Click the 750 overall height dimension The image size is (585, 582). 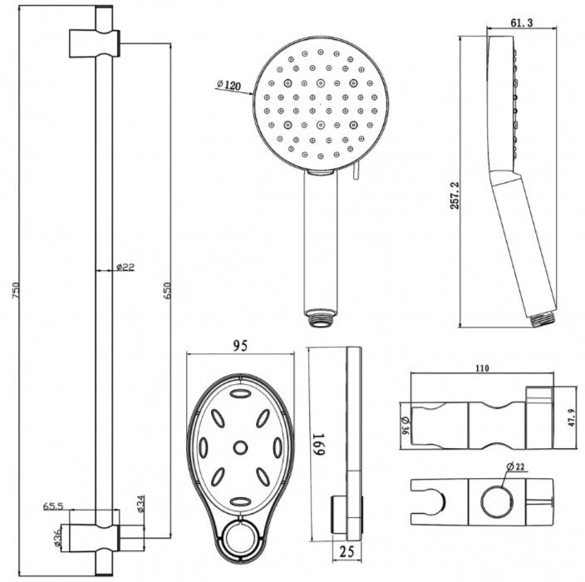[x=16, y=290]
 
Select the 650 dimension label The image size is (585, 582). [x=167, y=290]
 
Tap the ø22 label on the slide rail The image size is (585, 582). [x=125, y=267]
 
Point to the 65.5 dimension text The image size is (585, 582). [x=53, y=506]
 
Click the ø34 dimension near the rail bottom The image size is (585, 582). [x=140, y=503]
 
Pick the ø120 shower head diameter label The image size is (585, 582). [x=229, y=85]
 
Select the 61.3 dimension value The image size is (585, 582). [x=522, y=22]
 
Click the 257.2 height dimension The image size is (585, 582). [x=455, y=195]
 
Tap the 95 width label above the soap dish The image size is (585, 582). [x=240, y=346]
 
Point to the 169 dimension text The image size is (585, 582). [x=318, y=444]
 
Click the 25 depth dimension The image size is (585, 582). [x=347, y=551]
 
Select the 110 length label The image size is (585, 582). [x=482, y=368]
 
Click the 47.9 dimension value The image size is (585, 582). [x=572, y=417]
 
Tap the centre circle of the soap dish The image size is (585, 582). [x=240, y=447]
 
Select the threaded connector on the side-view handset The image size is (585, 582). [x=541, y=318]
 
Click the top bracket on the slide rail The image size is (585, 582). [x=95, y=43]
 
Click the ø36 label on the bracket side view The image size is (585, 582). [x=406, y=426]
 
